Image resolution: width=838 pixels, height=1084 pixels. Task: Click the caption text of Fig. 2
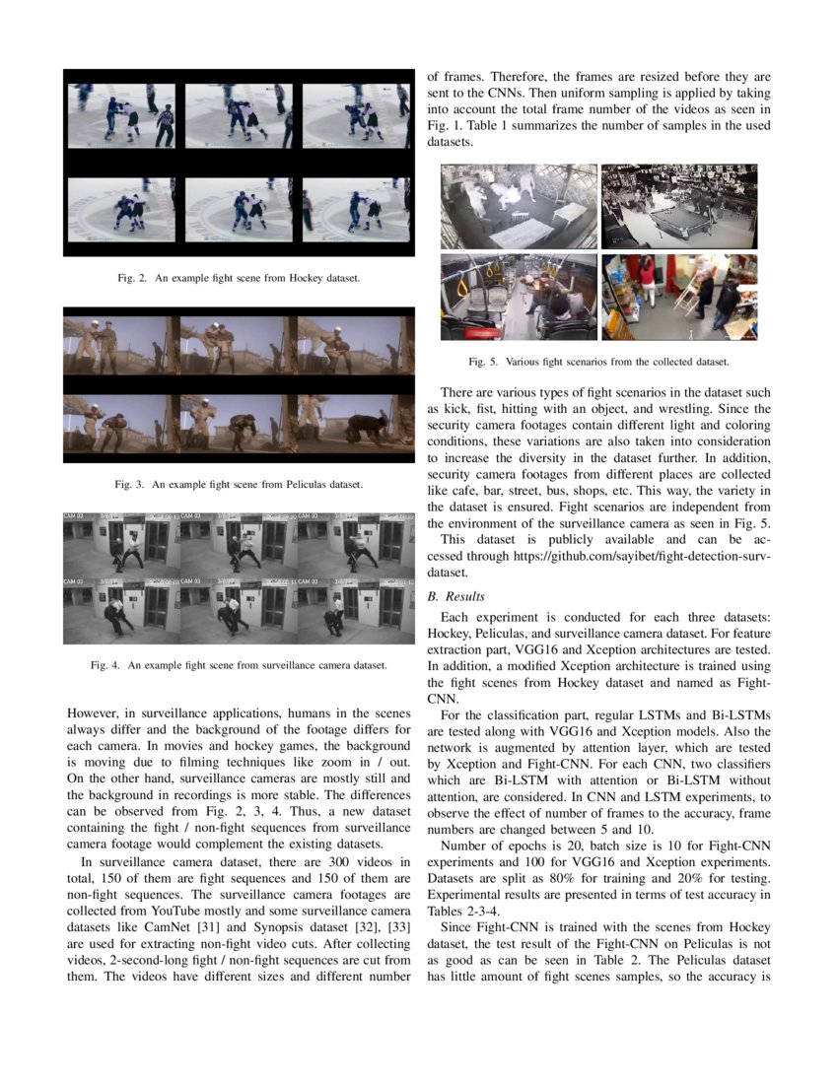238,279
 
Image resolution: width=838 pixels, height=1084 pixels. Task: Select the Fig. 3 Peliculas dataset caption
239,485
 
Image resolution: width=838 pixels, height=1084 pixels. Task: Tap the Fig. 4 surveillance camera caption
238,665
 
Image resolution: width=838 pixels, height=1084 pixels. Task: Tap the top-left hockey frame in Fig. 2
121,115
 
